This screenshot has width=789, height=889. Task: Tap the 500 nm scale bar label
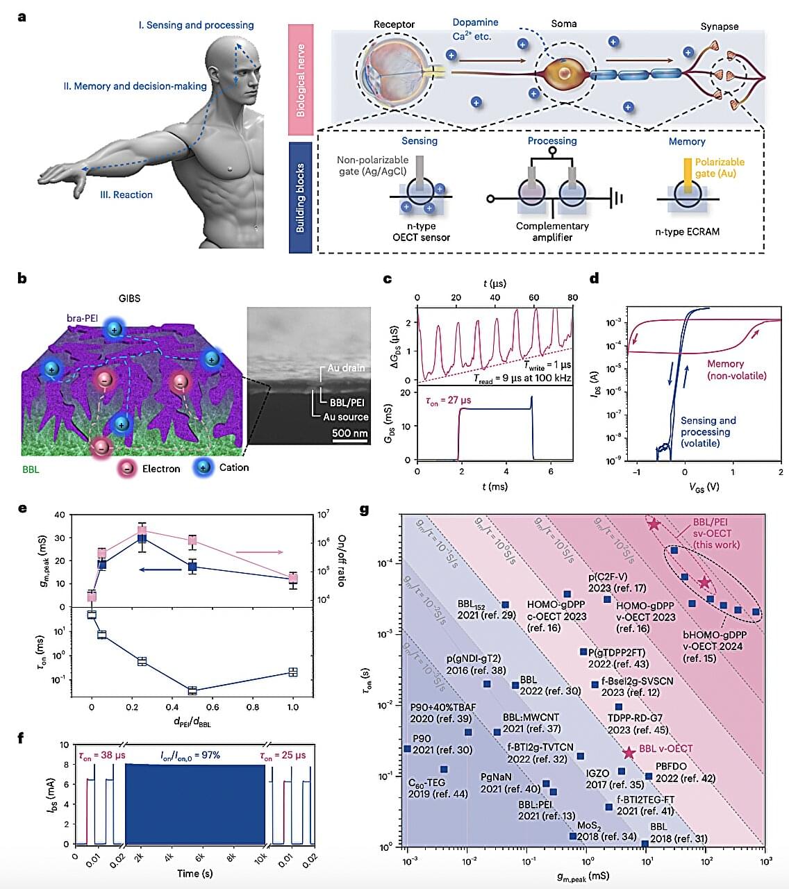pyautogui.click(x=349, y=433)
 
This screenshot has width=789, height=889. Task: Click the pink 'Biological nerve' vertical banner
pyautogui.click(x=301, y=80)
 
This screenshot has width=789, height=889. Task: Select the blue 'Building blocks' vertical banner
pyautogui.click(x=300, y=198)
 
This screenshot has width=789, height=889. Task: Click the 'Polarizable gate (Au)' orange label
pyautogui.click(x=719, y=167)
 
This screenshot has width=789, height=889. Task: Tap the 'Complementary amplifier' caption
pyautogui.click(x=552, y=231)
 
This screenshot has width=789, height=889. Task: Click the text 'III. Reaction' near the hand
pyautogui.click(x=126, y=194)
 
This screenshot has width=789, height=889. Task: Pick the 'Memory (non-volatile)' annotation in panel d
pyautogui.click(x=736, y=369)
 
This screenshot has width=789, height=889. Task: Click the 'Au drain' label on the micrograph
pyautogui.click(x=345, y=367)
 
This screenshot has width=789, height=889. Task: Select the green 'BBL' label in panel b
pyautogui.click(x=31, y=470)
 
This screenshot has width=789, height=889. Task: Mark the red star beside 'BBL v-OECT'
pyautogui.click(x=629, y=753)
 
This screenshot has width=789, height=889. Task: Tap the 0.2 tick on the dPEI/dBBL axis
pyautogui.click(x=132, y=707)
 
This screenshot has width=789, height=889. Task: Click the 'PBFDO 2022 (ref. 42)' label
pyautogui.click(x=684, y=772)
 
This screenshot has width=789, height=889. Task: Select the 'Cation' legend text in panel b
pyautogui.click(x=233, y=467)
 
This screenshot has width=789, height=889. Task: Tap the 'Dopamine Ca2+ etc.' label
pyautogui.click(x=475, y=29)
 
